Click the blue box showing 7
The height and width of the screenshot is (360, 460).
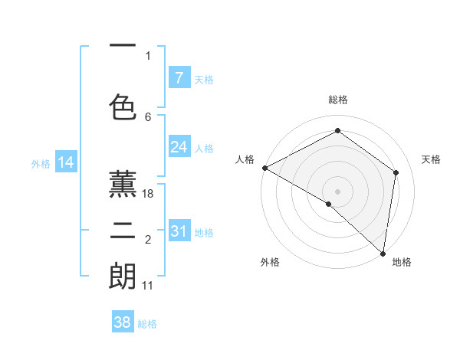pos(179,77)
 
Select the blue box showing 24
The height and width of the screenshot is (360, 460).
pos(179,147)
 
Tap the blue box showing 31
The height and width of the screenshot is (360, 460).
pos(179,231)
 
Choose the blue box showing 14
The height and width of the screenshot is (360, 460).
pos(66,162)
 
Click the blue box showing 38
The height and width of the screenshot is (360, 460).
pos(123,322)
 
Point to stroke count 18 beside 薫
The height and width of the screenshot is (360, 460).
pos(148,194)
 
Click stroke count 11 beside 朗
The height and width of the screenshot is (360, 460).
pos(148,286)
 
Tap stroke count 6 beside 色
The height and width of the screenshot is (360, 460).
pos(148,117)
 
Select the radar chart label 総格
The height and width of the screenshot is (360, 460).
pos(337,100)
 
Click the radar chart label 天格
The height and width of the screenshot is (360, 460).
pos(431,159)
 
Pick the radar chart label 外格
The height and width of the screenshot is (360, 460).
pos(269,262)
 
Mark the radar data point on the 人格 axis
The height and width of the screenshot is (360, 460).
pos(264,168)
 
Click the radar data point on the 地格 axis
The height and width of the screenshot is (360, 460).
pos(383,254)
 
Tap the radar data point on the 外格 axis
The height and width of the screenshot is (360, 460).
pos(328,204)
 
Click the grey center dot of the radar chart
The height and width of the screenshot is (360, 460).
pos(337,191)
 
